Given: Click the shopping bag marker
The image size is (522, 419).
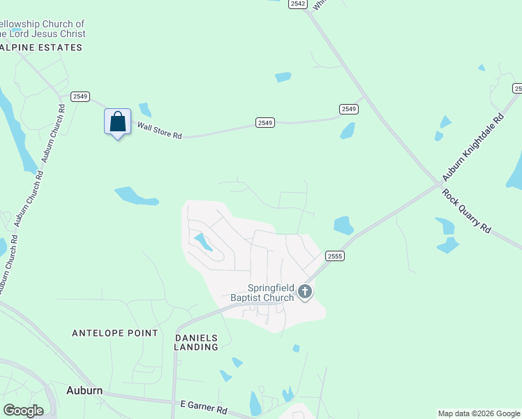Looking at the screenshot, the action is coord(118,122).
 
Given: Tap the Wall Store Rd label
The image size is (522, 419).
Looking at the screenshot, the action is coord(159,131).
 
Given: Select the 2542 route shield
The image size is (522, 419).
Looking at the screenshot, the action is coord(298,4).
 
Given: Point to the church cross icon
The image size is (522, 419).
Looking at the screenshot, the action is coord(304,292).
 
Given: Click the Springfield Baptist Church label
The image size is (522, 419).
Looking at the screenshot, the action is coord(262,293).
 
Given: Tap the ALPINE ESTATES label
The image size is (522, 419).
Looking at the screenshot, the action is coord(41,47).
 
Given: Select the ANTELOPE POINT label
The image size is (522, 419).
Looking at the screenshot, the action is coord(115,333).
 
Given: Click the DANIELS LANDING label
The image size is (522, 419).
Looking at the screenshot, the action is coord(196,341).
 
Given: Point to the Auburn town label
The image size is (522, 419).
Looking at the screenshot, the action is coord(84,390).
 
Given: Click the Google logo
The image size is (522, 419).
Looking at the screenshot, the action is coord(23,411).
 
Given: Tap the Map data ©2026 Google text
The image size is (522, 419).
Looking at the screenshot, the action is coord(479,413).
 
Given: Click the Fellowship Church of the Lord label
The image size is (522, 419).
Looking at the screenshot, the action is coord(42,29).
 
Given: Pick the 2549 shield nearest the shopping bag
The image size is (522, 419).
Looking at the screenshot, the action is coord(80,96).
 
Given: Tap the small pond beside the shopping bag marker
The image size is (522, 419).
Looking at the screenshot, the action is coord(145,110).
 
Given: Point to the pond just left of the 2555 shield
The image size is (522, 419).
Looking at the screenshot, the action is coord(343,226).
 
